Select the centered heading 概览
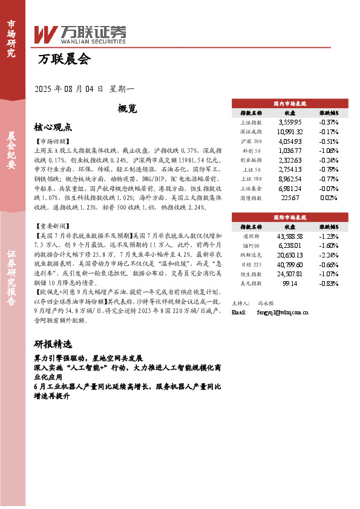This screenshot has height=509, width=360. pyautogui.click(x=127, y=109)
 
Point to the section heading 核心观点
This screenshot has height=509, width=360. pyautogui.click(x=53, y=128)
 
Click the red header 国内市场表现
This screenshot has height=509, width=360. pyautogui.click(x=290, y=104)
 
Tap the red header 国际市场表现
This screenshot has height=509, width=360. pyautogui.click(x=290, y=216)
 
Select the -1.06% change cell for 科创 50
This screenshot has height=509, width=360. pyautogui.click(x=329, y=151)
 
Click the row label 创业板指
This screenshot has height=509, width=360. pyautogui.click(x=250, y=160)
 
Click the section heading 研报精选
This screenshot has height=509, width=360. pyautogui.click(x=53, y=345)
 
